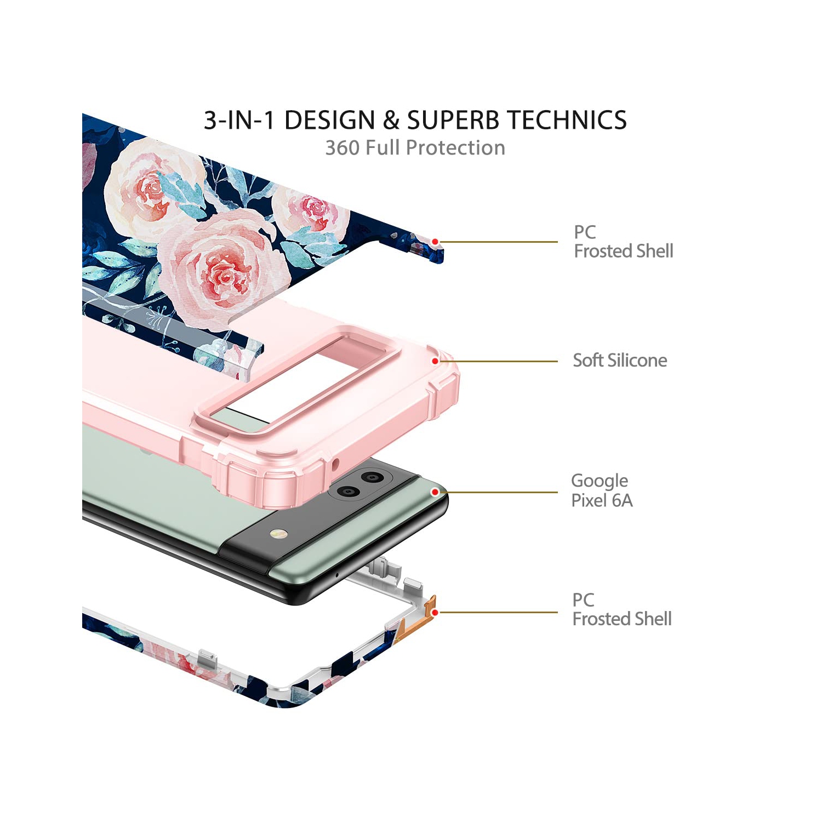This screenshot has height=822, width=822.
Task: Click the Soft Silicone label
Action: pos(620,360)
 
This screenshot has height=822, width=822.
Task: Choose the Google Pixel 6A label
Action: pos(602,490)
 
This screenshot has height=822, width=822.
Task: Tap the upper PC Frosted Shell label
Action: pos(624,241)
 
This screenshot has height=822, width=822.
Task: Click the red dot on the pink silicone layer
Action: pos(435,361)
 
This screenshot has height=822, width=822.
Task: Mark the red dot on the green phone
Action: pos(435,492)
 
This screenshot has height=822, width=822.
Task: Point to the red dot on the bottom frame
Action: pos(435,612)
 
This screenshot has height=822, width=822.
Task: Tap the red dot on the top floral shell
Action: pos(435,242)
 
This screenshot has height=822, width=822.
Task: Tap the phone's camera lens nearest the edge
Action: pos(373,477)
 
